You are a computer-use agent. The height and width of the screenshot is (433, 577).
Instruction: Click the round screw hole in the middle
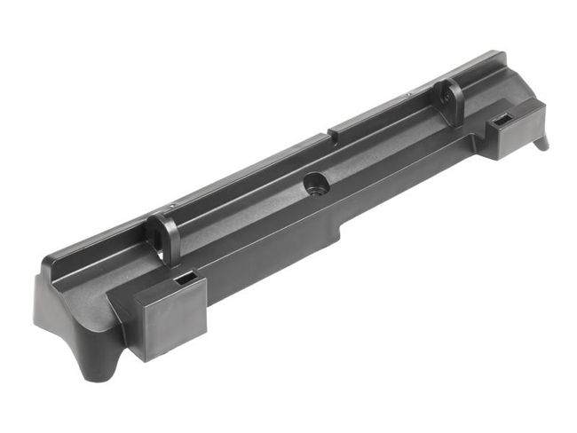(314, 184)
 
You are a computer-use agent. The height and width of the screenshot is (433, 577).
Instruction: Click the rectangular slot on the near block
(186, 279)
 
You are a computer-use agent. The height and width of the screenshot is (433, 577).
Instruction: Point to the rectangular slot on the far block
(502, 119)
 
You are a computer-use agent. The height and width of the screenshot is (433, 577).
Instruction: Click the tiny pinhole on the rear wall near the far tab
(407, 93)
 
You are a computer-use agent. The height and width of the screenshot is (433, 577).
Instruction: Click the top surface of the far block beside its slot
(515, 112)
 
